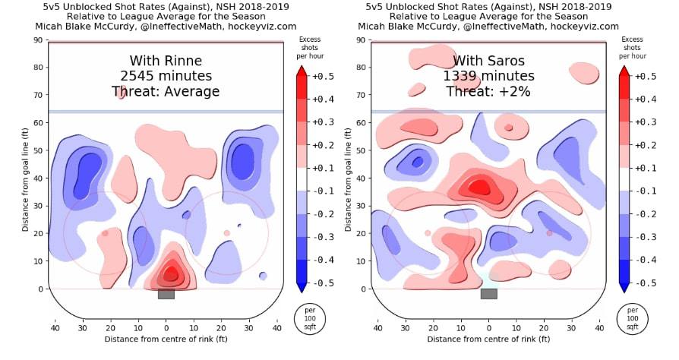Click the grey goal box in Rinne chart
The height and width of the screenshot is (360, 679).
[166, 294]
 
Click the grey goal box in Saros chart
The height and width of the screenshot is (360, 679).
[489, 294]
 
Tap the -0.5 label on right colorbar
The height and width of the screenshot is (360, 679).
[646, 283]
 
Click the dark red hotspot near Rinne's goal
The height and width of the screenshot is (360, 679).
[171, 273]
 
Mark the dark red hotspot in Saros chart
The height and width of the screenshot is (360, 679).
[478, 187]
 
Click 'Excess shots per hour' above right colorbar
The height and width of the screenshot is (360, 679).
[632, 48]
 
